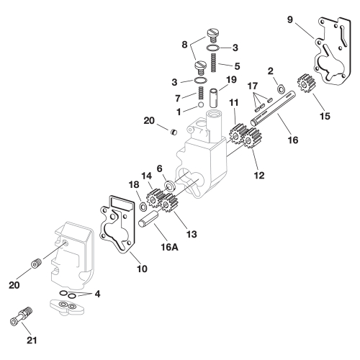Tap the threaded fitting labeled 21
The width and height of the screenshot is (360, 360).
click(x=24, y=315)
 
